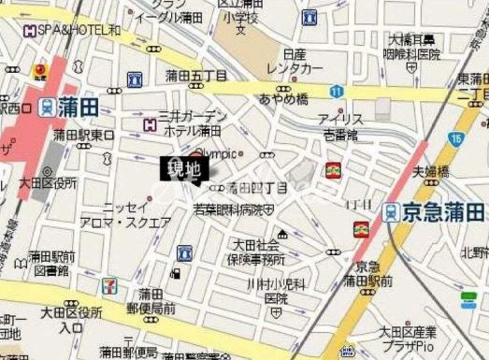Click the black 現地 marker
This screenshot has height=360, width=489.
(183, 168)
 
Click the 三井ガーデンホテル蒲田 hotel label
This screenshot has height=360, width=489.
(192, 122)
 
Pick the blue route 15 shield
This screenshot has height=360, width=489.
(454, 138)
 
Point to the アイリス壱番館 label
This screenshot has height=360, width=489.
(339, 128)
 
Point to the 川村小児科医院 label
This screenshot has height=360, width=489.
(275, 290)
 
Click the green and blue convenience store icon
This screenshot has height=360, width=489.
(468, 302)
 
